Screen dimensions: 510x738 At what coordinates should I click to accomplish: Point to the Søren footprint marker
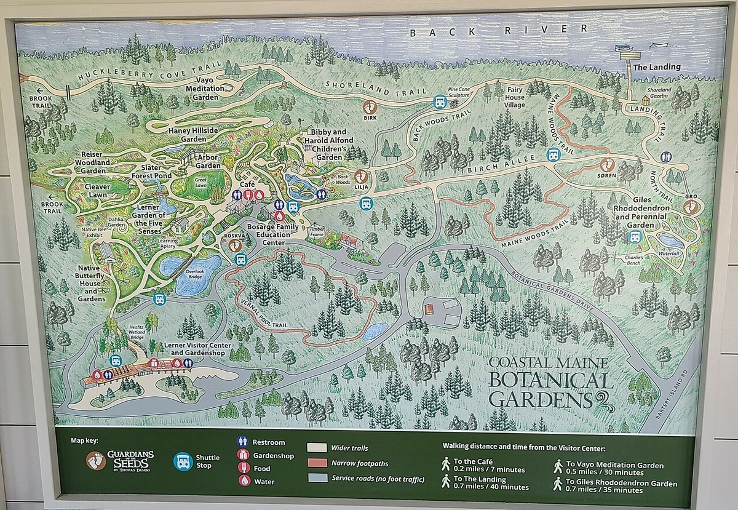click(x=607, y=164)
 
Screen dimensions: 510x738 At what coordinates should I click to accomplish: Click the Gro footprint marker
click(x=691, y=207)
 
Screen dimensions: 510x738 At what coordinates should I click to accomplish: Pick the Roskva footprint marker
click(x=235, y=245)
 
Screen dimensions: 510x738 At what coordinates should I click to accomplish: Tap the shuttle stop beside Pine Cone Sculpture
click(x=440, y=102)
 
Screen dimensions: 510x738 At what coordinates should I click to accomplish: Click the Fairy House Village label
click(x=515, y=97)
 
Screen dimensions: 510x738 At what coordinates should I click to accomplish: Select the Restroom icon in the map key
click(x=242, y=442)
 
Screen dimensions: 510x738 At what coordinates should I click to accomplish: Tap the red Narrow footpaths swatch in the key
click(x=317, y=463)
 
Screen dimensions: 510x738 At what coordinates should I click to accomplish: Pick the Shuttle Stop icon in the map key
click(x=183, y=461)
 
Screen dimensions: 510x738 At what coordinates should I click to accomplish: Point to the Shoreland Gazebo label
click(x=659, y=92)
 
